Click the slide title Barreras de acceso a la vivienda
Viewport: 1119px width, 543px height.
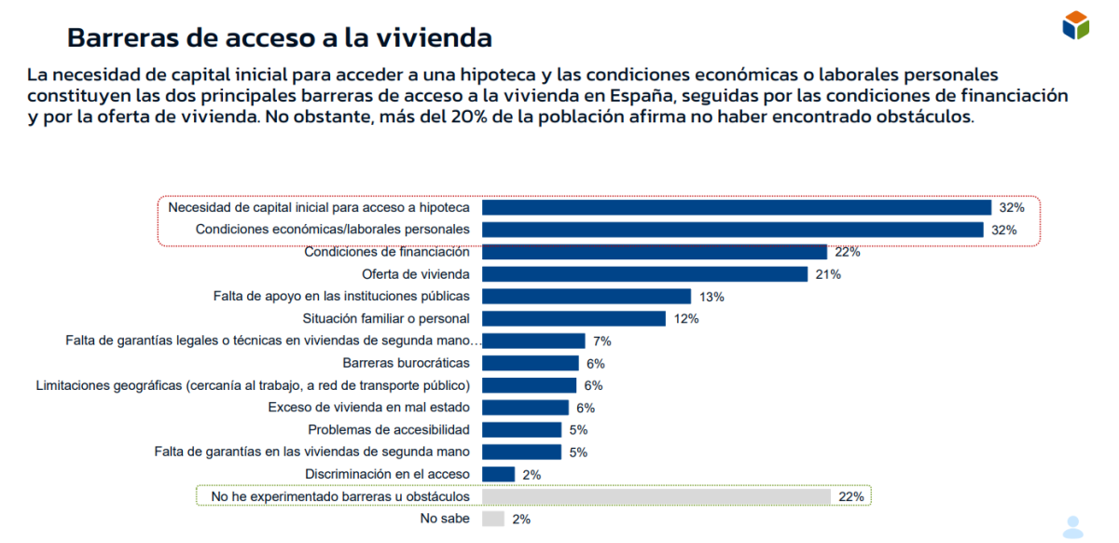click(280, 37)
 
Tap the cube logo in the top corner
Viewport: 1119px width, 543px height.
click(1075, 25)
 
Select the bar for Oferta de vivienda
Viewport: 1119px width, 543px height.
click(644, 274)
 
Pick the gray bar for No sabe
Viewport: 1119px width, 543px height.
click(493, 519)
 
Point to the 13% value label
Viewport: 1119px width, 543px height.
click(711, 297)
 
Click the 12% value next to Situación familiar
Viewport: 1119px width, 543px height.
click(686, 319)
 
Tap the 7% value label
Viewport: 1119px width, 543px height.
click(601, 341)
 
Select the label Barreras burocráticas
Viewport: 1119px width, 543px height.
click(406, 363)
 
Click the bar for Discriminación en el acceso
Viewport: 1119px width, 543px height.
click(498, 474)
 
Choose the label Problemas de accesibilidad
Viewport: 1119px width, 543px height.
click(389, 430)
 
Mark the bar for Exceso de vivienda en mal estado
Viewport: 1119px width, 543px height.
click(525, 408)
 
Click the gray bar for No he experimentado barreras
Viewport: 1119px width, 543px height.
click(656, 496)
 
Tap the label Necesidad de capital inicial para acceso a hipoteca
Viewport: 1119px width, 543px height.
click(319, 207)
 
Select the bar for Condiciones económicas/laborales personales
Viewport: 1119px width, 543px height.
click(732, 230)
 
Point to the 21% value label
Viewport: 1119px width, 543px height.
click(828, 274)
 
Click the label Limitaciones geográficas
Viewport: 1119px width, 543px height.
click(252, 385)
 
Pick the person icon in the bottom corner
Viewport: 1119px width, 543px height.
click(1073, 525)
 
